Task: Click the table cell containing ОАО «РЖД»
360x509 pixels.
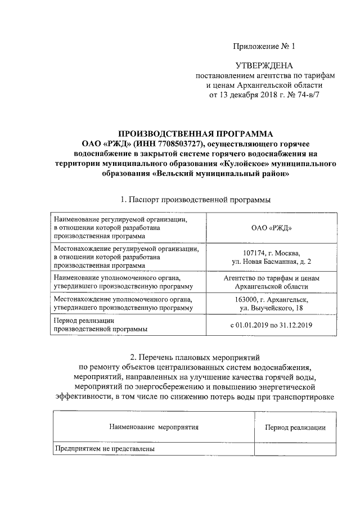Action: coord(271,229)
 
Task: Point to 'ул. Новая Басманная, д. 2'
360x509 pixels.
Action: coord(271,262)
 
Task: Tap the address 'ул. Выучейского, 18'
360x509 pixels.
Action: coord(271,309)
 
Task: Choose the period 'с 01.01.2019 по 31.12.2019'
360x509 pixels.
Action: coord(271,325)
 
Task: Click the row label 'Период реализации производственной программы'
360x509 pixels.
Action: coord(101,325)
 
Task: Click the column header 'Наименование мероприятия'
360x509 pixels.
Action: coord(154,427)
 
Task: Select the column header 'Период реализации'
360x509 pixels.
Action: coord(295,428)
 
